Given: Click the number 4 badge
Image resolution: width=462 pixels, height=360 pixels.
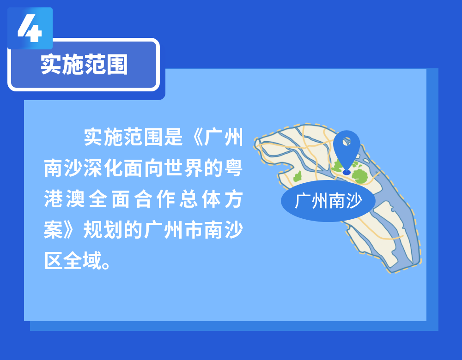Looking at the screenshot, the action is coord(30,29).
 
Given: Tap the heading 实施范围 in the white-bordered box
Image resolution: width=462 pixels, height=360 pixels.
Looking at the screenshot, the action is coord(84,65).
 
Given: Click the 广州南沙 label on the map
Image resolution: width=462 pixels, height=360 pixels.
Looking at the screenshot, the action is coord(328,201).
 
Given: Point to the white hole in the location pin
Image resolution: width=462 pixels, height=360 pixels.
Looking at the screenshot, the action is coord(347,142).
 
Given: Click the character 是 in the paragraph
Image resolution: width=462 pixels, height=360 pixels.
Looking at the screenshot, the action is coord(174,137).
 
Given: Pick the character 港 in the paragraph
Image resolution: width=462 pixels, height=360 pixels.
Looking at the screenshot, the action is coord(53,199).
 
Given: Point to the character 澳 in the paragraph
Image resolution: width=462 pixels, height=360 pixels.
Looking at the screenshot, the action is coord(75,199).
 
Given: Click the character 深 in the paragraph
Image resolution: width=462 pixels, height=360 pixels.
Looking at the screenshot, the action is coord(93,168).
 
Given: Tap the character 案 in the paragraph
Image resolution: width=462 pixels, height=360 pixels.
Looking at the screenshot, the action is coord(53,230).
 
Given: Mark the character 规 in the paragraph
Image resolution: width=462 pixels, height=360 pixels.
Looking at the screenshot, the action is coord(93,230).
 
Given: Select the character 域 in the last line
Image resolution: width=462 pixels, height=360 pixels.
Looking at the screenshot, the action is coord(92,260).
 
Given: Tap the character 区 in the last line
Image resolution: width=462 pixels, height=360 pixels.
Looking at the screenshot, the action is coord(53,260).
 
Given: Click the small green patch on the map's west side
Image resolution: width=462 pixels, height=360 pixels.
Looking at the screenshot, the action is coord(298,176).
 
